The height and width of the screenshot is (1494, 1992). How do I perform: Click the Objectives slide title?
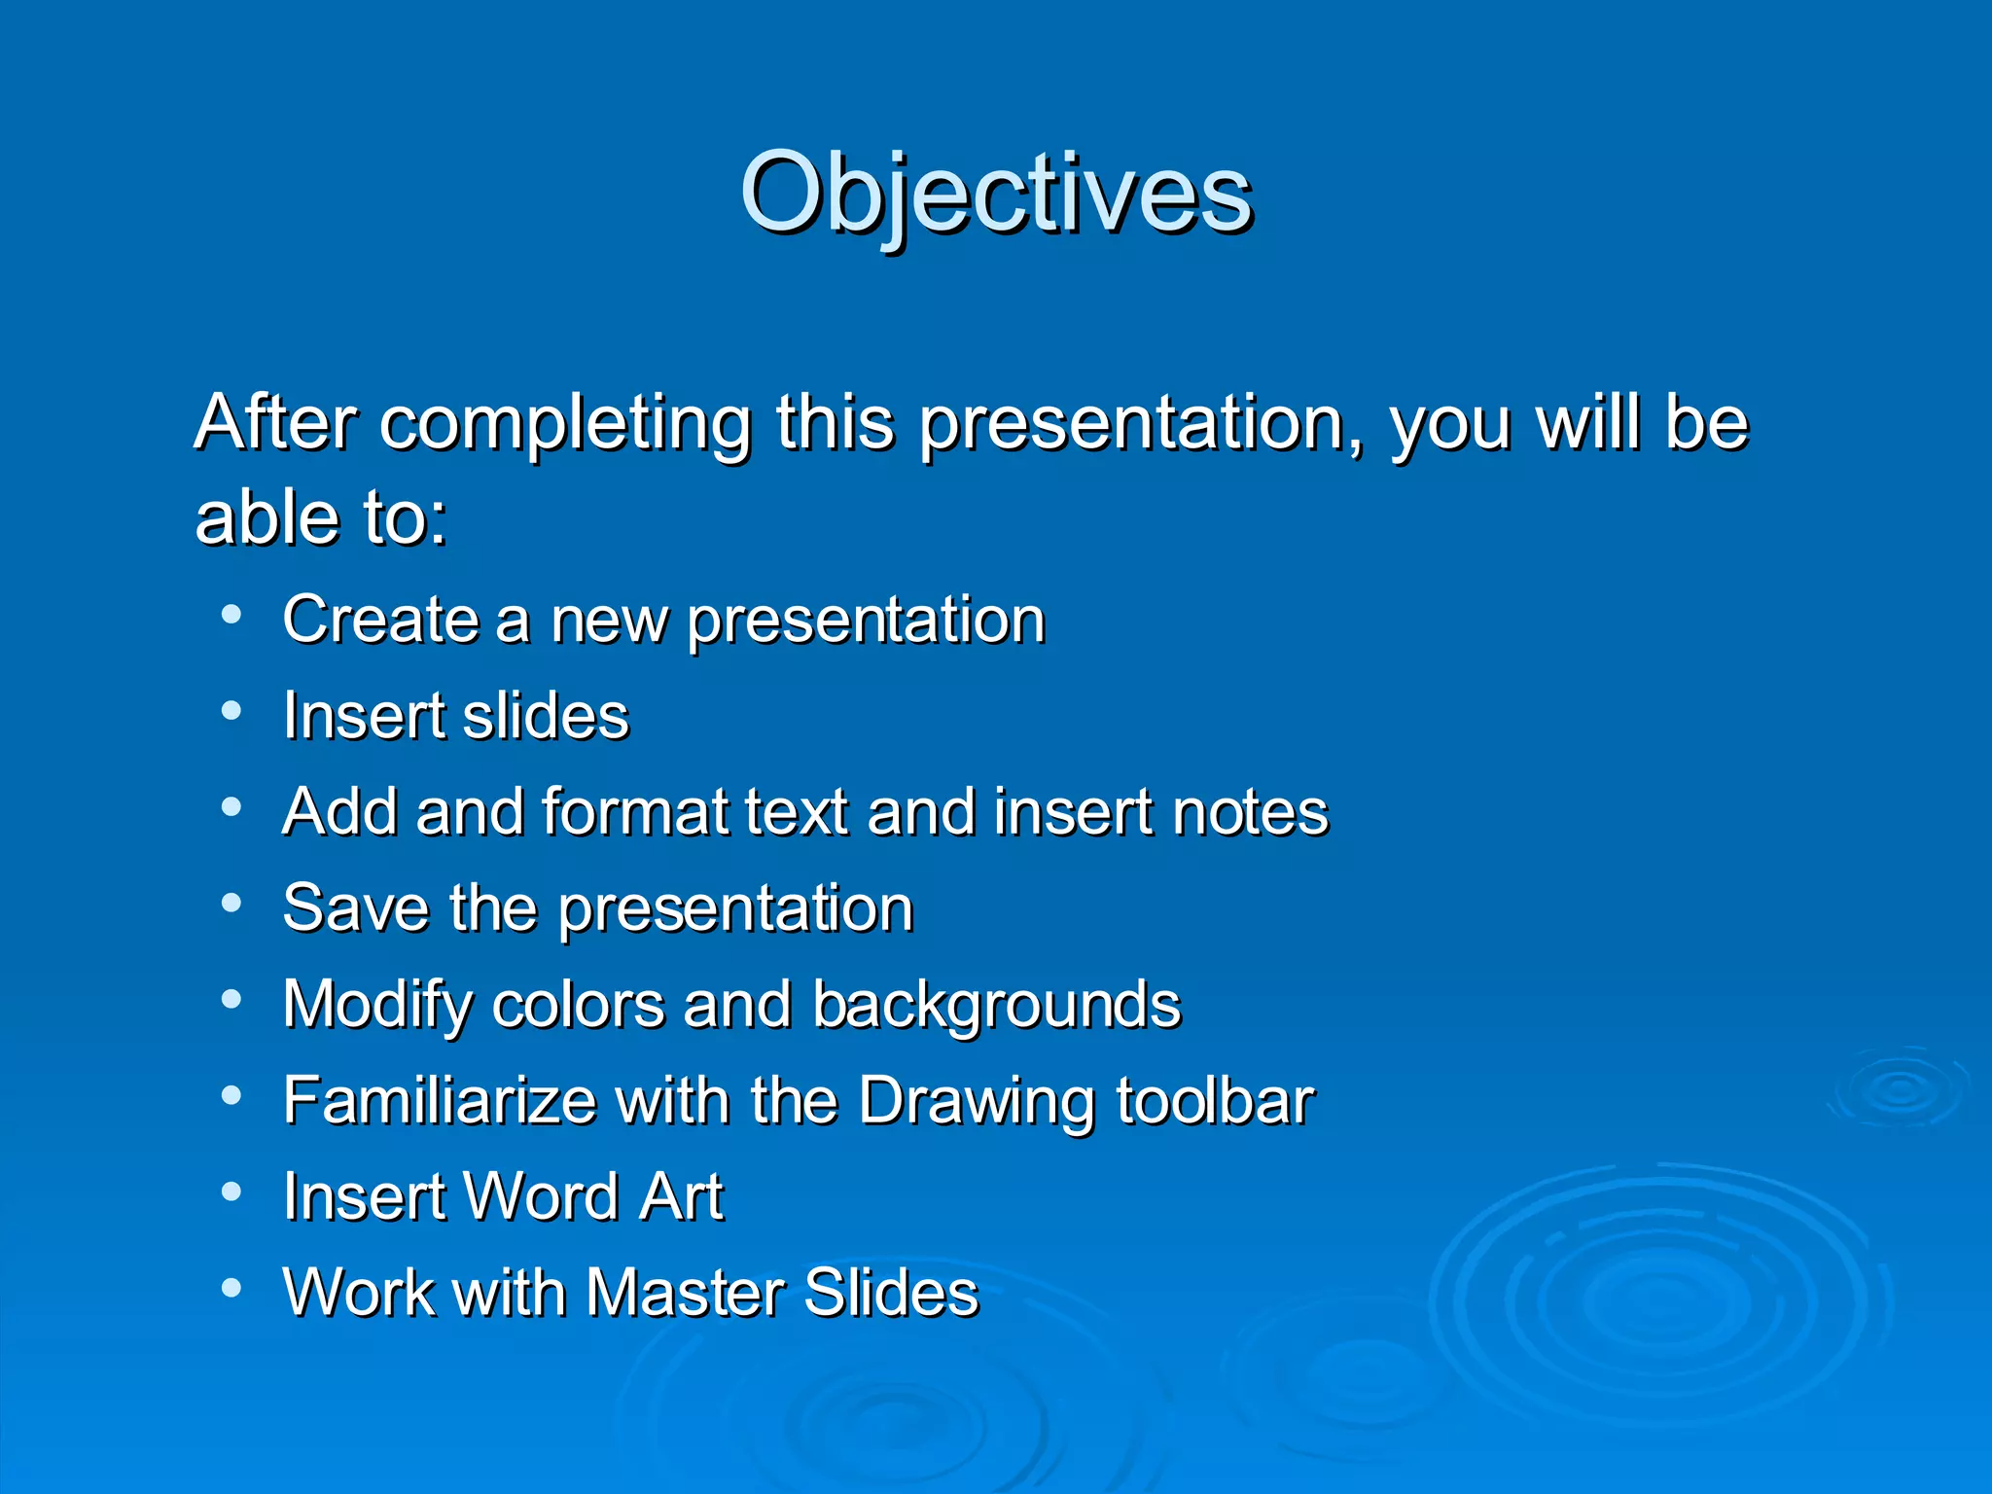coord(996,195)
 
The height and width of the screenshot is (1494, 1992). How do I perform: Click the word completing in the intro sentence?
coord(565,425)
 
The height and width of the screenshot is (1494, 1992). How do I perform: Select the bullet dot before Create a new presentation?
coord(231,615)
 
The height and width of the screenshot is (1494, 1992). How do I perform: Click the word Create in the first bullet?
coord(380,620)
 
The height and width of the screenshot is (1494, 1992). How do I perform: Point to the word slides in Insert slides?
coord(546,716)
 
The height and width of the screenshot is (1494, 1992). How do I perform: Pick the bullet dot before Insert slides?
coord(231,711)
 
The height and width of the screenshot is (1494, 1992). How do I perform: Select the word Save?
coord(355,908)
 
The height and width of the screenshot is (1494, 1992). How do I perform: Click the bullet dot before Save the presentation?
coord(231,904)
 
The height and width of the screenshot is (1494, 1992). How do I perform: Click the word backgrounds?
coord(996,1006)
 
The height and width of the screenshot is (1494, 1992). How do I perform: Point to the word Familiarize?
coord(439,1101)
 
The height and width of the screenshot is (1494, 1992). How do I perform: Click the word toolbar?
coord(1215,1101)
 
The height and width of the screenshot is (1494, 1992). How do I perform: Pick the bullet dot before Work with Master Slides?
coord(231,1289)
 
